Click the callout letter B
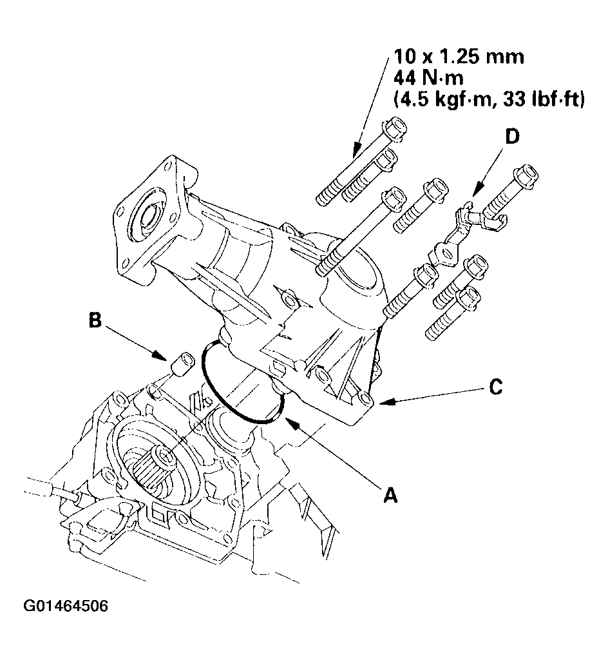[x=95, y=321]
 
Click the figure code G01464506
[x=66, y=607]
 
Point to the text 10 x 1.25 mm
[x=458, y=57]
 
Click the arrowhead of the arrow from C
[x=381, y=403]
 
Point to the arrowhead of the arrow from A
[x=287, y=423]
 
